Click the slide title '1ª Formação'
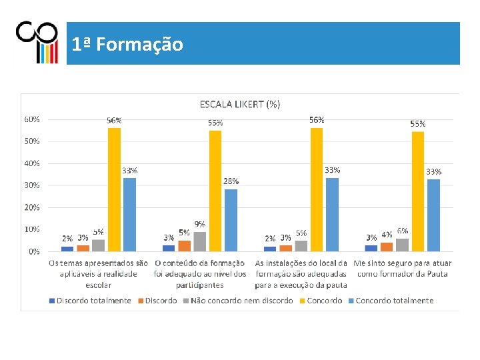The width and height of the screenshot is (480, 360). (x=127, y=45)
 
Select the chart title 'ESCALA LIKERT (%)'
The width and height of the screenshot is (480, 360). (x=240, y=104)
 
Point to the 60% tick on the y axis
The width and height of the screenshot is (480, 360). (x=32, y=119)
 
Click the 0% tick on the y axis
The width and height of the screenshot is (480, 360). (x=33, y=251)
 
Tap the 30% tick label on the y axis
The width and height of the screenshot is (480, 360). (x=32, y=185)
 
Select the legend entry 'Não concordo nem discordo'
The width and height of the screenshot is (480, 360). (x=241, y=301)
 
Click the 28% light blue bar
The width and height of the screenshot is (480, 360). (x=231, y=220)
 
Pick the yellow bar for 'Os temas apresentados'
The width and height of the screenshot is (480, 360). (x=114, y=189)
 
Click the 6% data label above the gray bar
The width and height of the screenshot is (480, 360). (x=403, y=230)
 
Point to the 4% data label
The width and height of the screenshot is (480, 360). (x=387, y=235)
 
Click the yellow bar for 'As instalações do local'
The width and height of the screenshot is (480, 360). (x=317, y=189)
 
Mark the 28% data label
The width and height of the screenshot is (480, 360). (x=231, y=181)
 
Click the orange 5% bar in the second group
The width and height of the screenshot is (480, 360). (x=184, y=245)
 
